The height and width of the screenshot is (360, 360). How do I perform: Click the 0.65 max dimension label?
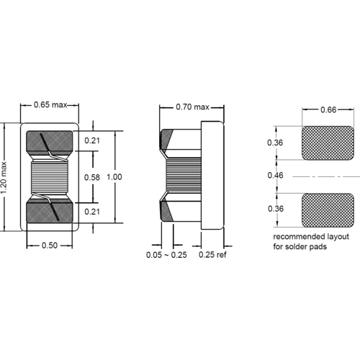pos(50,107)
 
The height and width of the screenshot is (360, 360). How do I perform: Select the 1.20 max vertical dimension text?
pos(7,176)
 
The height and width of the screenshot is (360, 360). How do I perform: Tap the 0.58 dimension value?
pos(92,176)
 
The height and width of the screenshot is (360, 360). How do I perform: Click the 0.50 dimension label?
pos(50,246)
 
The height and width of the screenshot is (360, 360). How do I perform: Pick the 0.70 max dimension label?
pos(192,107)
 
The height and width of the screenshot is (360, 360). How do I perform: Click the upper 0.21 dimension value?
pos(92,141)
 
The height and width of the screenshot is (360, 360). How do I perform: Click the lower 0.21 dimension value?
pos(92,211)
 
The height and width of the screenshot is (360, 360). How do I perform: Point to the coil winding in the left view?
pos(50,176)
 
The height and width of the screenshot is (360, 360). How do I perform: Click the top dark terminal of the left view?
pos(50,143)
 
